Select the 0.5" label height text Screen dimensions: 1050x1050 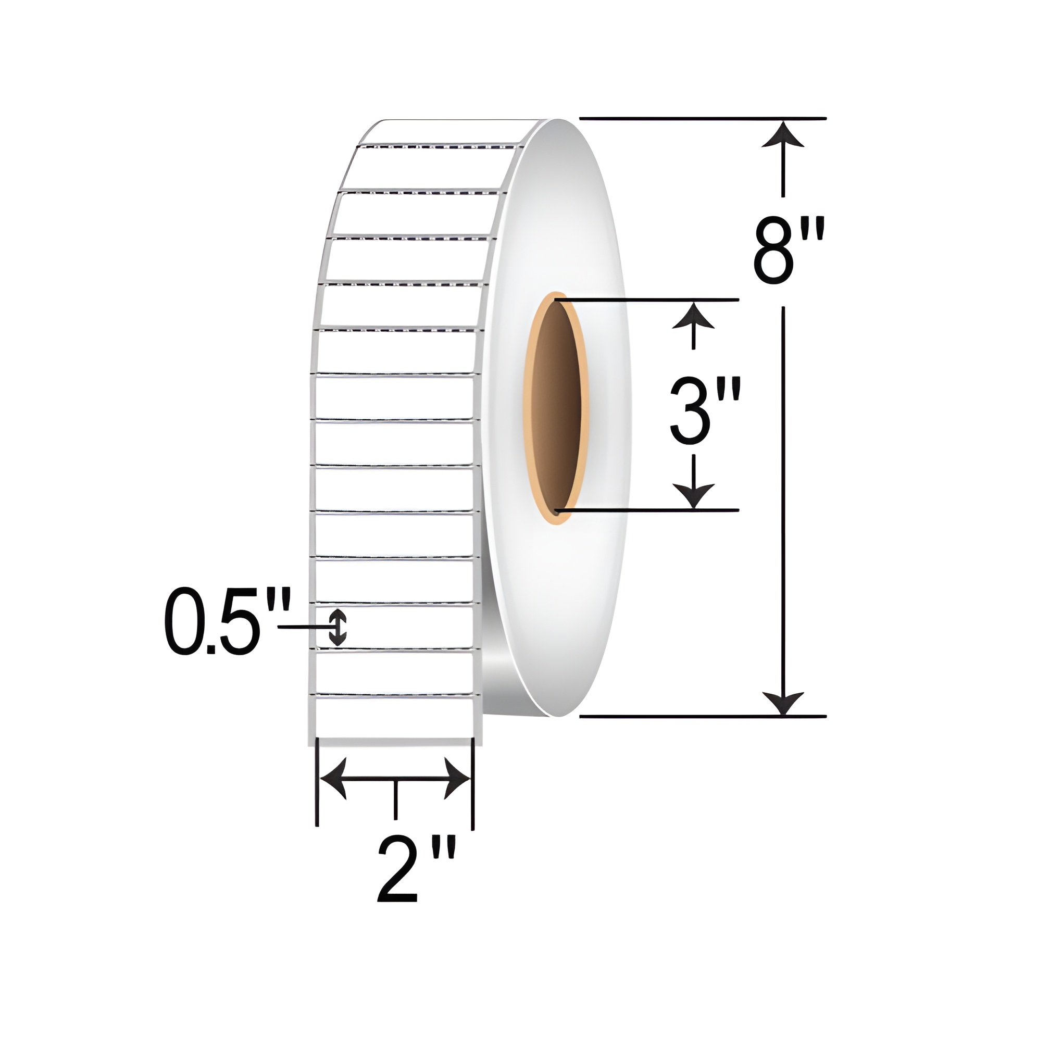tap(228, 621)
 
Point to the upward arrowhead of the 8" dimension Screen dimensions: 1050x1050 tap(783, 134)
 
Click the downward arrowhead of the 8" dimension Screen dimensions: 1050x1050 tap(783, 703)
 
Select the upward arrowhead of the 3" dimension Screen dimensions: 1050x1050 tap(693, 315)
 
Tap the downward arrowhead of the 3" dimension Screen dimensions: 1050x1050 tap(693, 496)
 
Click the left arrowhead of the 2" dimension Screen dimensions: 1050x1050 tap(333, 779)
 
